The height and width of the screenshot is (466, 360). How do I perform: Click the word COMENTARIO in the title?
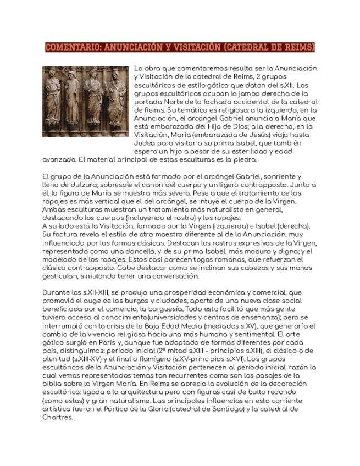[71, 47]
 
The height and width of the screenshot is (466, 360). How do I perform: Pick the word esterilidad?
[253, 151]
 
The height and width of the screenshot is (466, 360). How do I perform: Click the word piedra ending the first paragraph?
[245, 159]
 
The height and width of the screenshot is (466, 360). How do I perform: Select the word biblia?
[53, 384]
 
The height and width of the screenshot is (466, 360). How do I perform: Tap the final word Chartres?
[57, 417]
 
